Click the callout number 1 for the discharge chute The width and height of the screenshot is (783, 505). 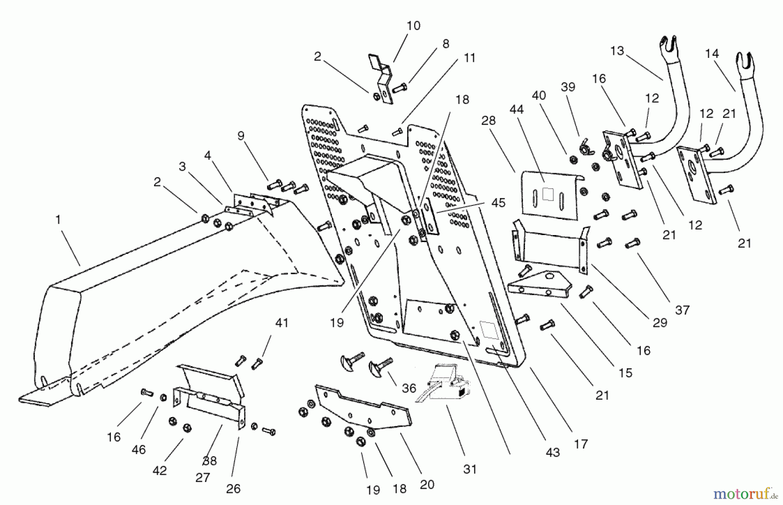(x=58, y=220)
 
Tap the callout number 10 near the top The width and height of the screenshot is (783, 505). (x=413, y=26)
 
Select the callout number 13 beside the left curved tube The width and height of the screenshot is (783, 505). (x=617, y=51)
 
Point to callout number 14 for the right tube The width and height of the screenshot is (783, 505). (x=712, y=54)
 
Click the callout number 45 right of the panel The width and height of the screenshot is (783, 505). (x=499, y=203)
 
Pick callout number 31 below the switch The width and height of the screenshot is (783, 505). (x=470, y=469)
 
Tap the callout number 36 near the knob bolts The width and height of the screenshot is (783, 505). (x=409, y=388)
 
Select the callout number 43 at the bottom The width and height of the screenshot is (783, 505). (x=552, y=453)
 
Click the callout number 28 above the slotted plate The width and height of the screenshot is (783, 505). (x=489, y=121)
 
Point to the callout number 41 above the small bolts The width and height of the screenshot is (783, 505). (x=282, y=323)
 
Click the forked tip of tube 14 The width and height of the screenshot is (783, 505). (x=746, y=61)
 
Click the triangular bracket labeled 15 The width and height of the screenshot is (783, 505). (x=539, y=285)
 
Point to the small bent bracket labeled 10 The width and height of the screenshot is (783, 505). (x=381, y=78)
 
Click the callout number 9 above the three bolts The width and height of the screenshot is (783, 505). (x=241, y=136)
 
